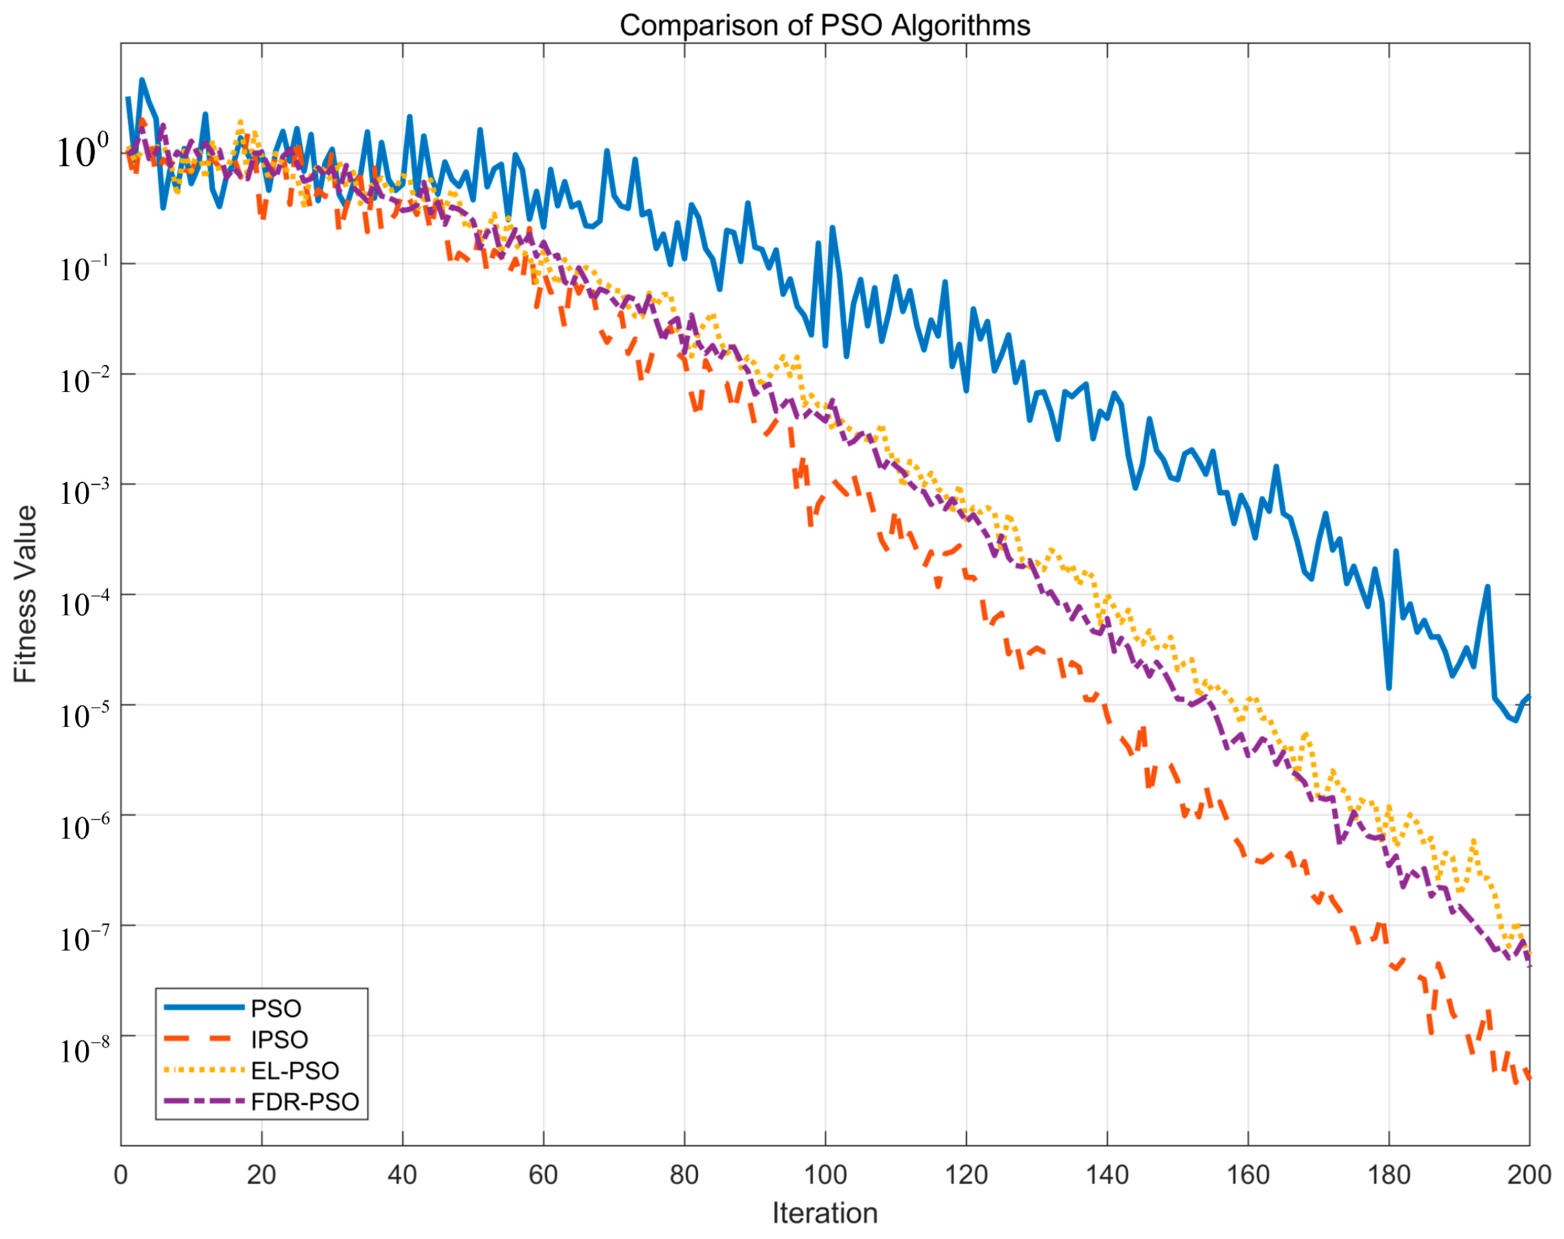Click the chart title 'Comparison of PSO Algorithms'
click(825, 25)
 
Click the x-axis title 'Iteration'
click(825, 1213)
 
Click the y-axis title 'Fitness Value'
click(25, 594)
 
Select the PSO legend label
click(276, 1008)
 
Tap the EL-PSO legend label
click(294, 1071)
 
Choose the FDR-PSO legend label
click(305, 1102)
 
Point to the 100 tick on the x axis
click(825, 1174)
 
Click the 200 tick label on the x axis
click(1528, 1174)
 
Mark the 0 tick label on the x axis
click(120, 1174)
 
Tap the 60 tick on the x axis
click(543, 1174)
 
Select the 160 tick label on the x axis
click(1248, 1174)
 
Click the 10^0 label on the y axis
click(82, 151)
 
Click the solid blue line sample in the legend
click(204, 1007)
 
